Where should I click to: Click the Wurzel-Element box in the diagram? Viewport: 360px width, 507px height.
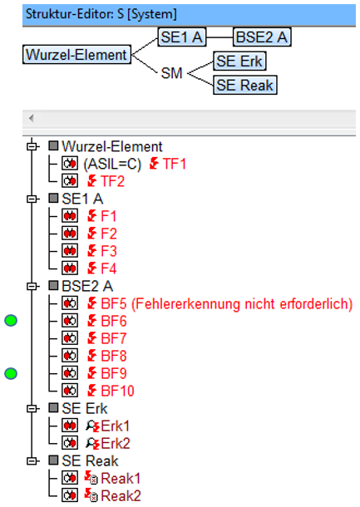pos(77,54)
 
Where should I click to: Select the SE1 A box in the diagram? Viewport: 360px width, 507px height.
pos(182,37)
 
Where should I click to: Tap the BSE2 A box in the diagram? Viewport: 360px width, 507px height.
pos(262,37)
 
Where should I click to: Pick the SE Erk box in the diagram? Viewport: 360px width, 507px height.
pos(239,61)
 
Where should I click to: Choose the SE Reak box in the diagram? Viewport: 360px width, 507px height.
pos(245,85)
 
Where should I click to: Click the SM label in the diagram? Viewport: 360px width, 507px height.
pos(172,73)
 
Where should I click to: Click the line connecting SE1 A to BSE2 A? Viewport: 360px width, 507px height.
pos(219,37)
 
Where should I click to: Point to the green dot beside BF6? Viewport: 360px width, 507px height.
pos(11,321)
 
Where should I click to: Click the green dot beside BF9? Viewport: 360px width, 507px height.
pos(11,373)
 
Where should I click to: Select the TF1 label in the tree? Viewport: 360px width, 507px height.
pos(175,164)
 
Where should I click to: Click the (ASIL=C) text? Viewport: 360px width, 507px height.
pos(112,164)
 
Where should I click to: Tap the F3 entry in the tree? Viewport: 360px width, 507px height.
pos(109,251)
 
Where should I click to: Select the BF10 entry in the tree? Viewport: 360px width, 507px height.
pos(117,391)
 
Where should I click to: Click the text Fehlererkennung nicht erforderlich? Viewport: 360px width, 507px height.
pos(242,303)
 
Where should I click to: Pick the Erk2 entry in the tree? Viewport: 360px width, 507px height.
pos(115,443)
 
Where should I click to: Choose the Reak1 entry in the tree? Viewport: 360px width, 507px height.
pos(121,478)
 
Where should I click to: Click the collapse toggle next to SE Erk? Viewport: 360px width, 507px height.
pos(32,408)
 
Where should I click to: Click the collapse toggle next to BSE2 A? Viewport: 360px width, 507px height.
pos(32,286)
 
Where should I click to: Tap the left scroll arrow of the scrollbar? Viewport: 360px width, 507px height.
pos(32,118)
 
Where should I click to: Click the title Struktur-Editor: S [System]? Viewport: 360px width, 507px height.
pos(101,14)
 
